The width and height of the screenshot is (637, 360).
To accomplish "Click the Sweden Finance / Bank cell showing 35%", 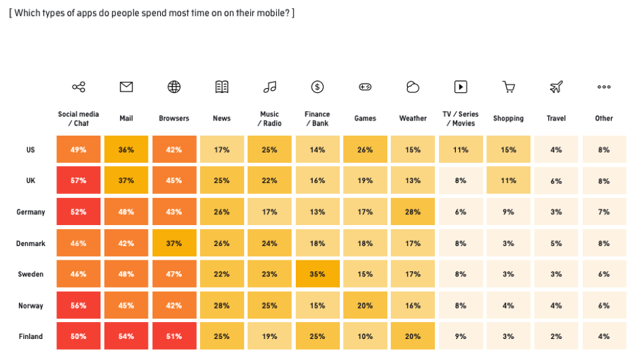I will pos(317,274).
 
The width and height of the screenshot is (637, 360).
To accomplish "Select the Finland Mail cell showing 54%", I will pos(126,336).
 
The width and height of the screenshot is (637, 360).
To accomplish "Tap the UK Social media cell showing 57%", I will pos(79,180).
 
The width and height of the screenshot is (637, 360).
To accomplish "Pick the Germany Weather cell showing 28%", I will pos(412,212).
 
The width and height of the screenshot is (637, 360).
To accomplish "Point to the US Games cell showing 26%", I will pos(365,149).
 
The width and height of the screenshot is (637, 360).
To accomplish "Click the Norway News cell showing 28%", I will pos(222,305).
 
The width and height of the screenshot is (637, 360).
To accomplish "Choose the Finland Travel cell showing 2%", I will pos(556,336).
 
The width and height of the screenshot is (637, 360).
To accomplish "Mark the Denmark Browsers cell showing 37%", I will pos(174,243).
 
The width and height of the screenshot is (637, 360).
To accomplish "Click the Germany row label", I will pos(31,212).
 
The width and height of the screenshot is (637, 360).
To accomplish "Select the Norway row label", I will pos(31,306).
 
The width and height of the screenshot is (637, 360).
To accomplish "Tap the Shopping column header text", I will pos(508,119).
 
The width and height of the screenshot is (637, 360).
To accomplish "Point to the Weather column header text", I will pos(412,119).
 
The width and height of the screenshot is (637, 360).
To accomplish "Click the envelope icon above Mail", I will pos(126,87).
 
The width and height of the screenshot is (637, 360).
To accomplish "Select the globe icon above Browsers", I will pos(174,87).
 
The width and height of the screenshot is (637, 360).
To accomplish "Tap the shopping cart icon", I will pos(508,87).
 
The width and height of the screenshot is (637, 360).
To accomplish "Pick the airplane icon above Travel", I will pos(556,87).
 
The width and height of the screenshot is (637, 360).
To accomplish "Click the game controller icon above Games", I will pos(365,87).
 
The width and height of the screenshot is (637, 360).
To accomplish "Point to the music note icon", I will pos(269,87).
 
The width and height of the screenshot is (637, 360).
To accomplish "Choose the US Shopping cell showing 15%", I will pos(508,149).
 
